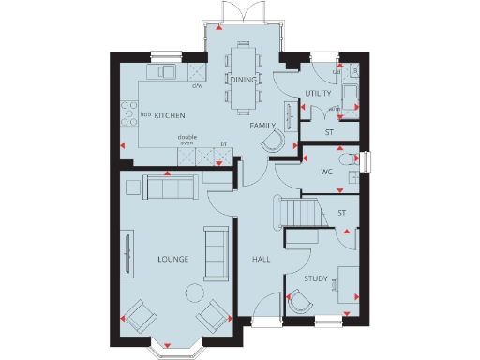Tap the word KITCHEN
click(169, 115)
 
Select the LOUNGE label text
click(173, 259)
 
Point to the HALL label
click(261, 259)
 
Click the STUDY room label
click(315, 278)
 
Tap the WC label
click(326, 172)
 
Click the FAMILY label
click(262, 125)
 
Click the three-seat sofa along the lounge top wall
click(169, 187)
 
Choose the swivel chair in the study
click(302, 303)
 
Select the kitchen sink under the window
click(167, 71)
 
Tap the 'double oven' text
click(187, 141)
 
